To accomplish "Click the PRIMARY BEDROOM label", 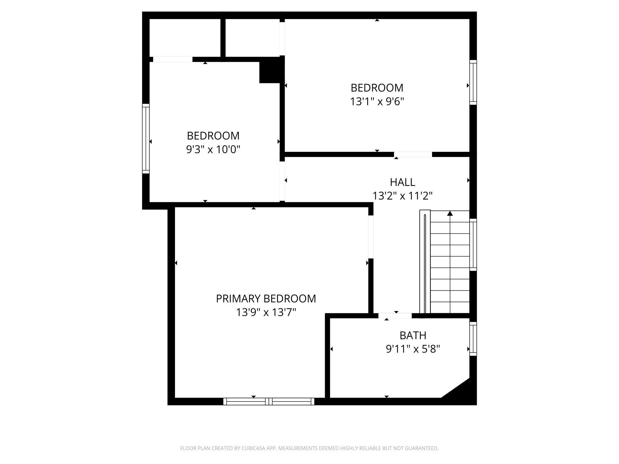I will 266,299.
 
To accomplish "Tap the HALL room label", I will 402,182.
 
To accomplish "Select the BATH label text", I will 413,335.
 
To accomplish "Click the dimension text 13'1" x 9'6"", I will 377,102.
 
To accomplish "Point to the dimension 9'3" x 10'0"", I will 213,149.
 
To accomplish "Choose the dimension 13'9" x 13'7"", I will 266,313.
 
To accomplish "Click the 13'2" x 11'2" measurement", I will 402,196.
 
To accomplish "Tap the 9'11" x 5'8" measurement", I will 413,349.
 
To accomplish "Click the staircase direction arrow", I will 450,214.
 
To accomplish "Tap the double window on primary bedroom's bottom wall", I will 269,402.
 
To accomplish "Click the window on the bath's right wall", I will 473,339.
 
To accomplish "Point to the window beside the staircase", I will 473,245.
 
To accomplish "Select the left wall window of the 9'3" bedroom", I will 146,139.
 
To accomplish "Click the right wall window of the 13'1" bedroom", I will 473,82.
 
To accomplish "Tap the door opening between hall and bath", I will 395,316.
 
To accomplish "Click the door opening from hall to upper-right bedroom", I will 413,154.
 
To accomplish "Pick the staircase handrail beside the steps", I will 425,262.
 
